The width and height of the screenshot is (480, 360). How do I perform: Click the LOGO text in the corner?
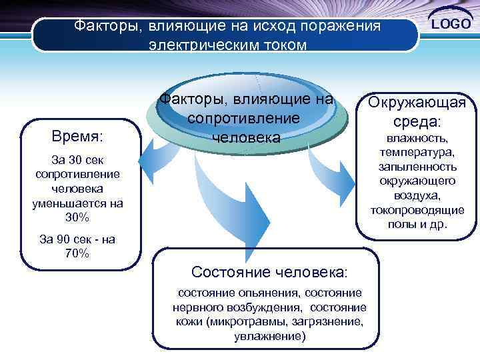click(451, 24)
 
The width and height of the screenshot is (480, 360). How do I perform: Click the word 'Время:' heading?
click(77, 137)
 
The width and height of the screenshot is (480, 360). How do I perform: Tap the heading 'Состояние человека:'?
click(269, 272)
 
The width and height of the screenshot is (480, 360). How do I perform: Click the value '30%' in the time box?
click(77, 218)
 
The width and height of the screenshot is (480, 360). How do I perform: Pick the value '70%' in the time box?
click(77, 253)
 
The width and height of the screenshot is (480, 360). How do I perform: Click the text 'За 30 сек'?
click(77, 160)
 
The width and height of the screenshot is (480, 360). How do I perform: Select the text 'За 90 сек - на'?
click(77, 240)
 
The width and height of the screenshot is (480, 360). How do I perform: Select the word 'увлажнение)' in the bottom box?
click(269, 337)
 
